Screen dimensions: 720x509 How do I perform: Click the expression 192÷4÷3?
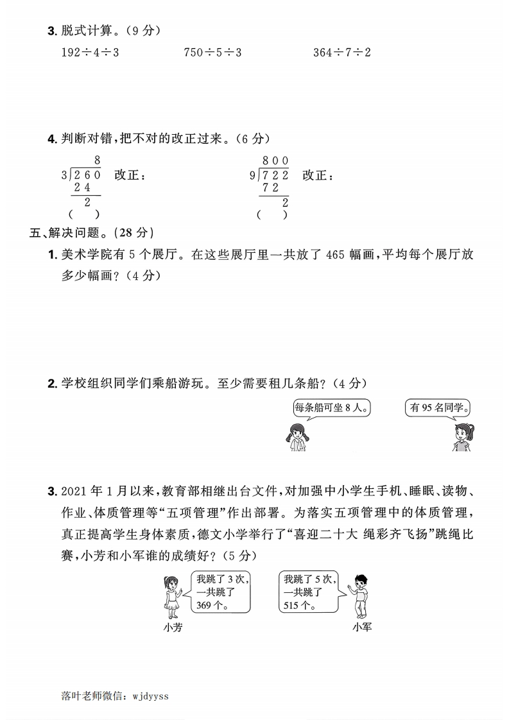pos(89,53)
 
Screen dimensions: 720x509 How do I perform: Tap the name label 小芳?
pos(173,628)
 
